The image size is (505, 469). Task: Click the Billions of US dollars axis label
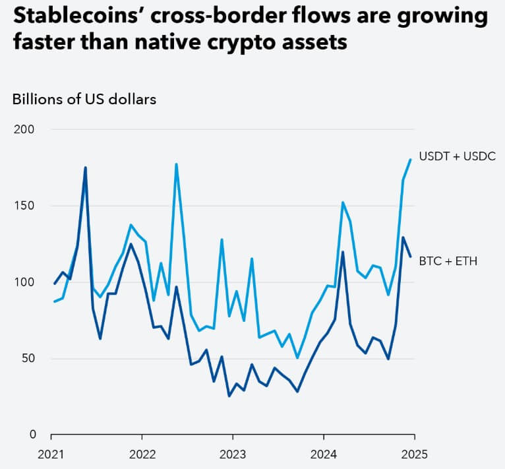click(x=84, y=100)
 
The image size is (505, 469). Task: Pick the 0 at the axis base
click(x=30, y=435)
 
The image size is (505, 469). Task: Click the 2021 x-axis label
click(x=51, y=454)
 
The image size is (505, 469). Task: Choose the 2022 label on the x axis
click(x=142, y=454)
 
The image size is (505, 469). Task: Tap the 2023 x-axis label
click(x=233, y=454)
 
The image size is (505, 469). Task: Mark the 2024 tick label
click(x=324, y=454)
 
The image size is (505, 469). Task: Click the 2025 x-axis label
click(x=414, y=454)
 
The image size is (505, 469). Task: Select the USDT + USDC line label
click(x=457, y=156)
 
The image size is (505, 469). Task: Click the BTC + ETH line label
click(x=448, y=261)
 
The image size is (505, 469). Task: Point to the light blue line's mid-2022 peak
click(x=176, y=164)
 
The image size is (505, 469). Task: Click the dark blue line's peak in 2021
click(x=85, y=168)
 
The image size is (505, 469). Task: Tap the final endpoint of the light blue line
click(x=411, y=159)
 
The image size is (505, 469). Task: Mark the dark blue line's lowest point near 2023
click(x=229, y=396)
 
